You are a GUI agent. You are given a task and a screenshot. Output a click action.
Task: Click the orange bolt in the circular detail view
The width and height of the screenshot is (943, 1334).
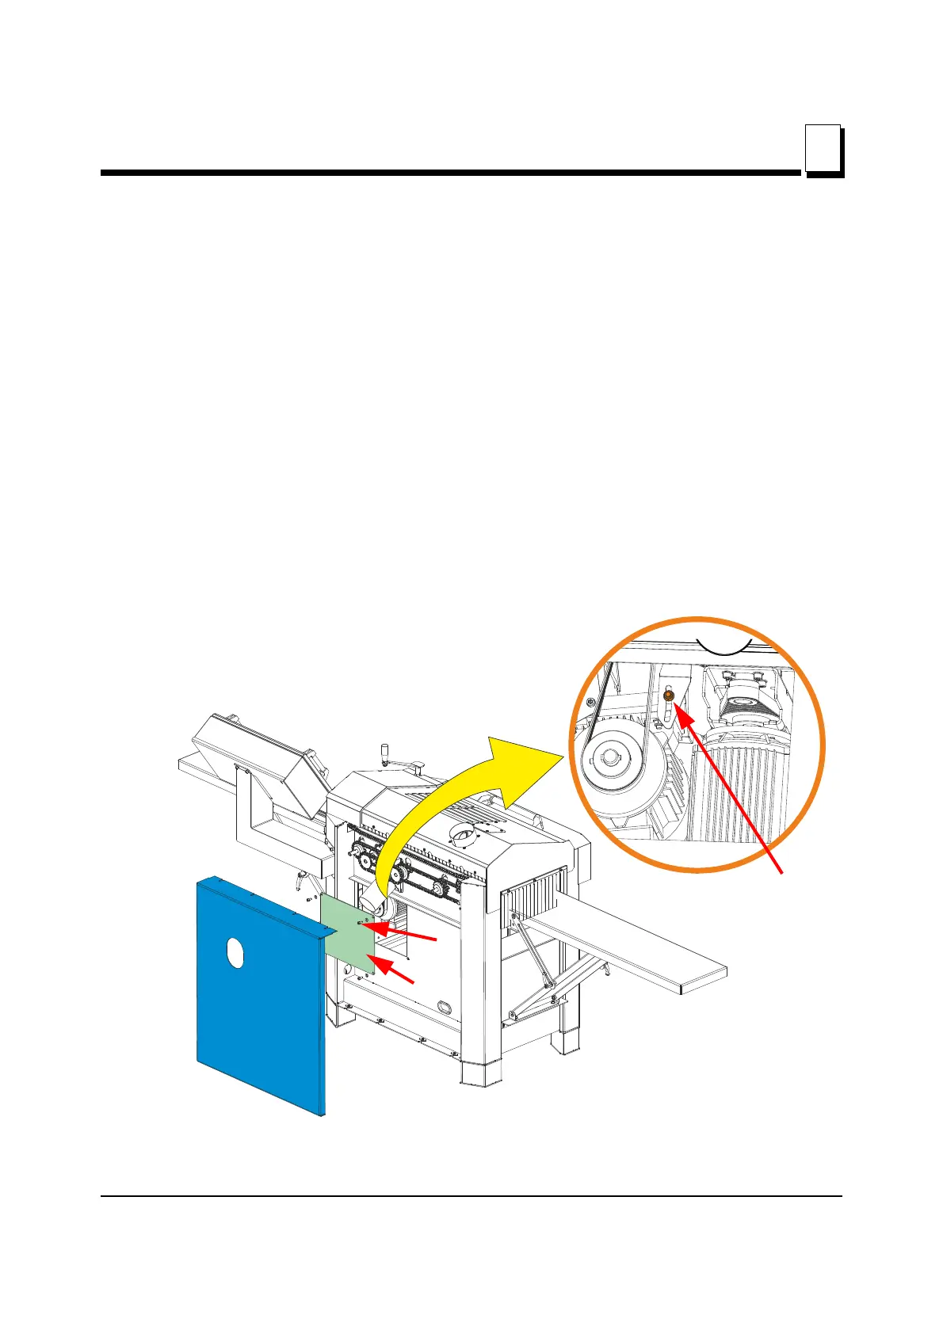[668, 695]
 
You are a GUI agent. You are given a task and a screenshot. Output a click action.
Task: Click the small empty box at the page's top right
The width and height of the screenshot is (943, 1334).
[823, 147]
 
